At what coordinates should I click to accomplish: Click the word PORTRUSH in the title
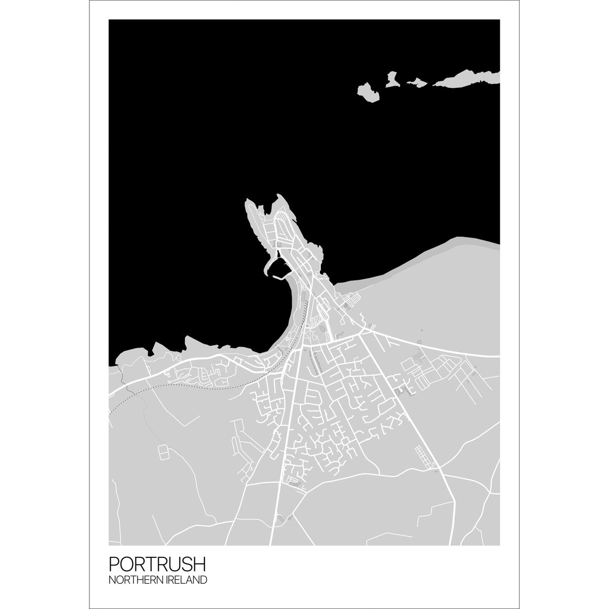(157, 564)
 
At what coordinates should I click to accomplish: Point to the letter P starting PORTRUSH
(114, 564)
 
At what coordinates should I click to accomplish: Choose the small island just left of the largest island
(418, 81)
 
